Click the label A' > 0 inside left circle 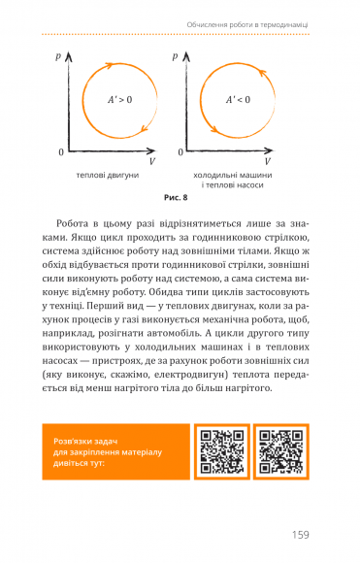click(x=122, y=99)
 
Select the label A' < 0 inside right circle click(x=238, y=99)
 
